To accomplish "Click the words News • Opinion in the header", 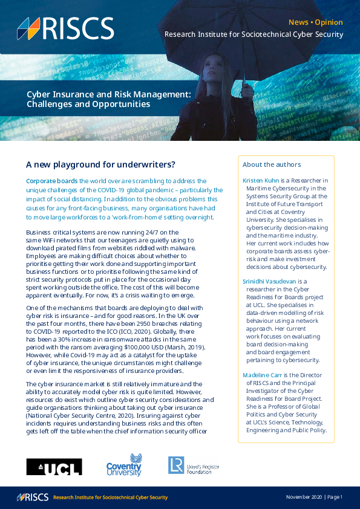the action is click(315, 22).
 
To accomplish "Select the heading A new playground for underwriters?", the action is click(101, 164).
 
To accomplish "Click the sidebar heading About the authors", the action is click(272, 164).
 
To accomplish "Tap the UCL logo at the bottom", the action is click(54, 466).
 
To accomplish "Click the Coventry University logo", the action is click(124, 465).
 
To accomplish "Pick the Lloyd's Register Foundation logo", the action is click(193, 465).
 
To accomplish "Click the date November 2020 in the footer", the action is click(304, 497).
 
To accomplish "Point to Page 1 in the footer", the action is click(335, 497).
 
